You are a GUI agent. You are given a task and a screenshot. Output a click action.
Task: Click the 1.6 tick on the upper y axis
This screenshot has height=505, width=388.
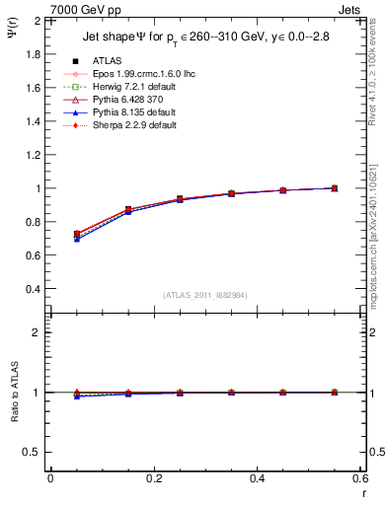(33, 88)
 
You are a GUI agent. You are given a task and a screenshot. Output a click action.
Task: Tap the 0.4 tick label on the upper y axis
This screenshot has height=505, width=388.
(33, 289)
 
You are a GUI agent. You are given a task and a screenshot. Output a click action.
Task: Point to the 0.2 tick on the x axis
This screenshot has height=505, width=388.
(153, 477)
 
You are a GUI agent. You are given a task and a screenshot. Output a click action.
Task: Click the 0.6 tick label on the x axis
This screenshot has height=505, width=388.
(359, 477)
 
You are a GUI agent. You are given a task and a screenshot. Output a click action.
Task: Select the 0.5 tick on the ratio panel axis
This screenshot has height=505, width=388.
(33, 452)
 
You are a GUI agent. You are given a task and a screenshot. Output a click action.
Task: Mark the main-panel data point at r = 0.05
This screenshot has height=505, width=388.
(76, 235)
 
